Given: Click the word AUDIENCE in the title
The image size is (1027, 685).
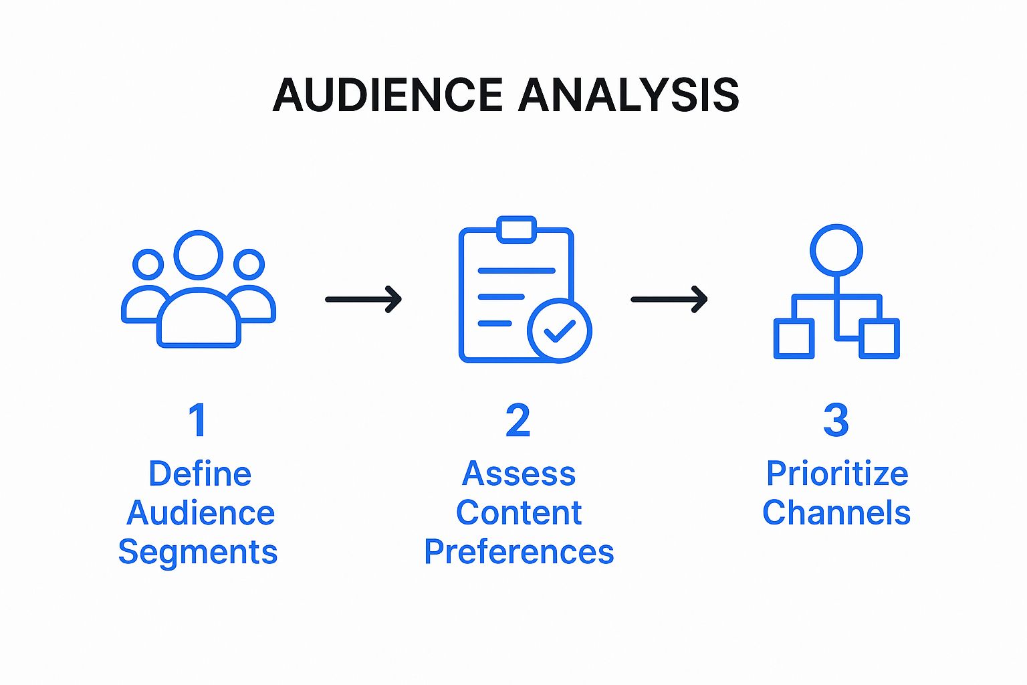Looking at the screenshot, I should pyautogui.click(x=388, y=94).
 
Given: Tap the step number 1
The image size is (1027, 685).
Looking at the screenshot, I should pyautogui.click(x=197, y=421).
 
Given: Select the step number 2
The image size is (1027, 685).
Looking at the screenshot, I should pyautogui.click(x=518, y=421).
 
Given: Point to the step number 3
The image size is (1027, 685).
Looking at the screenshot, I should pyautogui.click(x=836, y=421).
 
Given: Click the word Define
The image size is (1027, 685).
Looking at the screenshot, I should pyautogui.click(x=200, y=474).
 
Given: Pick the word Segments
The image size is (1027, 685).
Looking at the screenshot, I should pyautogui.click(x=198, y=553).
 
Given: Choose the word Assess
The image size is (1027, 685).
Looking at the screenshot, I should pyautogui.click(x=519, y=474).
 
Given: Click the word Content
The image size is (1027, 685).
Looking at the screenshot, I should pyautogui.click(x=519, y=513).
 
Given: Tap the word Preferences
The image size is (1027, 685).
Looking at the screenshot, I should pyautogui.click(x=519, y=553).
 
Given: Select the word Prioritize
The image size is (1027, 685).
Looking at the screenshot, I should pyautogui.click(x=836, y=474).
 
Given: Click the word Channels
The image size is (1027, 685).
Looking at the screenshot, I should pyautogui.click(x=836, y=513).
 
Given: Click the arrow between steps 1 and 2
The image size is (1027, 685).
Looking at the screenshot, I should pyautogui.click(x=364, y=299).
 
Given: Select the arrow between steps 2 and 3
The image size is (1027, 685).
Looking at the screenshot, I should pyautogui.click(x=669, y=299).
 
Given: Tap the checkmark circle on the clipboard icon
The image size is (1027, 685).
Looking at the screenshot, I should pyautogui.click(x=559, y=330).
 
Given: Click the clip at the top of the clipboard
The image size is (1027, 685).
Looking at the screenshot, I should pyautogui.click(x=517, y=229).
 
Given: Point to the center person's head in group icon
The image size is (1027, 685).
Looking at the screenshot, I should pyautogui.click(x=199, y=255).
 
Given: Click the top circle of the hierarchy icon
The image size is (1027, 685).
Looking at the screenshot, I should pyautogui.click(x=836, y=250).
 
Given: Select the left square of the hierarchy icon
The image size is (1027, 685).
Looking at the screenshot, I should pyautogui.click(x=794, y=338).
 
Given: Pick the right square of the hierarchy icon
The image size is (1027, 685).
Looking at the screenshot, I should pyautogui.click(x=879, y=338).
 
